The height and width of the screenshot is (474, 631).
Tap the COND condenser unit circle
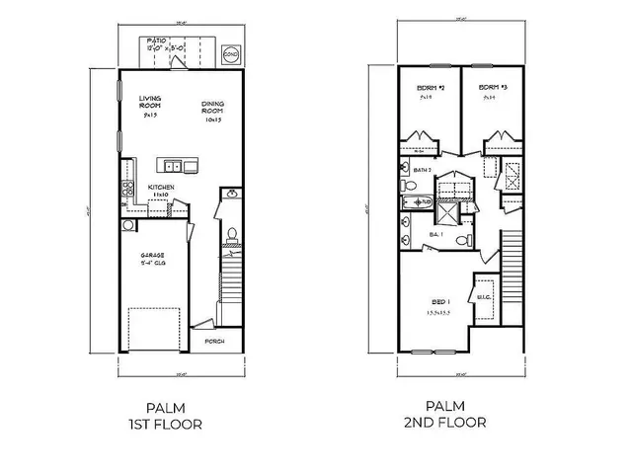click(230, 53)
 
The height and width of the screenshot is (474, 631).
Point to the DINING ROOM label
click(213, 109)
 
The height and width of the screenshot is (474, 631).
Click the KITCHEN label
click(162, 189)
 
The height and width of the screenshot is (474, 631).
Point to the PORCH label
click(214, 342)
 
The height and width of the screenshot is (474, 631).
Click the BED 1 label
click(440, 300)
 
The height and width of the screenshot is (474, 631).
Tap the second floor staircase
click(512, 267)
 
